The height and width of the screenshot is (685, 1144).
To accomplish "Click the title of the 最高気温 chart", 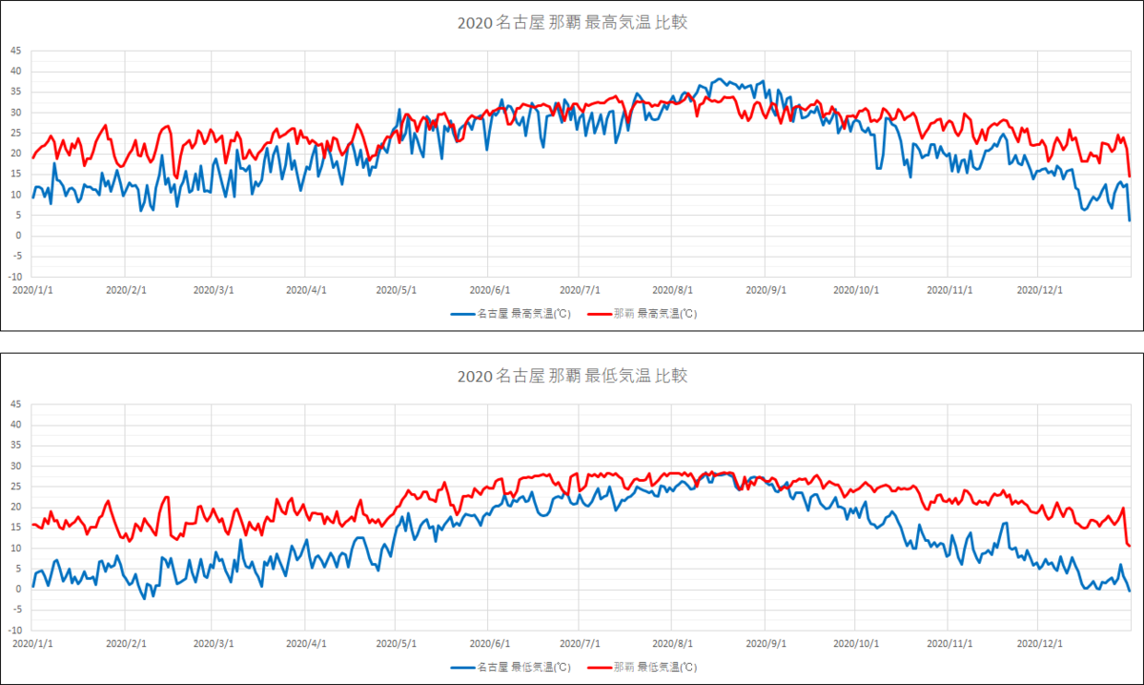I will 571,23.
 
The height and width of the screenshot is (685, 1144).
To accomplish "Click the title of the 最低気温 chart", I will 571,376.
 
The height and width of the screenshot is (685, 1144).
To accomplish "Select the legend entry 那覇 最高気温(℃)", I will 642,314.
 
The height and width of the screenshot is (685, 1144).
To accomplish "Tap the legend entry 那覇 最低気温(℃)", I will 642,667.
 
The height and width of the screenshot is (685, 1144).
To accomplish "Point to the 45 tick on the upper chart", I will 15,51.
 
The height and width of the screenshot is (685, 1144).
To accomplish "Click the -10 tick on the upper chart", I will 14,277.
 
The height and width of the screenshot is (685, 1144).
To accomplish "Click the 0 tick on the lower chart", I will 17,589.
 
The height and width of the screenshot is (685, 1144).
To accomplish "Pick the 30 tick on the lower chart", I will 15,466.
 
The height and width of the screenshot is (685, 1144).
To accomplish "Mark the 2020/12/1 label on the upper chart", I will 1040,289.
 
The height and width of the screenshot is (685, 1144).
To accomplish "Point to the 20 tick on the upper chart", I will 15,154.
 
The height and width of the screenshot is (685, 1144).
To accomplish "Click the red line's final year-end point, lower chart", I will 1130,546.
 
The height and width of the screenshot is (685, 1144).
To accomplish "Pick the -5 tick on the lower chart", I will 15,610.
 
